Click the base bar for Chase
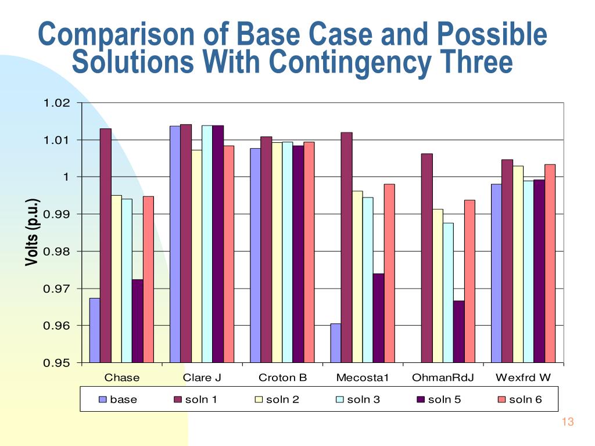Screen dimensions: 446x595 [95, 330]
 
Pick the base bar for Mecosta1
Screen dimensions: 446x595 [335, 343]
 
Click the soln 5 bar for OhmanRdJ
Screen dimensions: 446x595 [458, 332]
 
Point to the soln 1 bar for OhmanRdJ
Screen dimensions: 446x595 [426, 258]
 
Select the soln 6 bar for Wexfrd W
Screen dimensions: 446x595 [550, 264]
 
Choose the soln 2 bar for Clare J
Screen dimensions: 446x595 [196, 256]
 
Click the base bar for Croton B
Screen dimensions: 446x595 [255, 256]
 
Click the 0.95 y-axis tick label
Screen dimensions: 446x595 [57, 364]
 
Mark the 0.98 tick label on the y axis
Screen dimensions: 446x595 [57, 252]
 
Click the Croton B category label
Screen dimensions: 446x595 [282, 378]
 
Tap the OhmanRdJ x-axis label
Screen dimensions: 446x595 [443, 378]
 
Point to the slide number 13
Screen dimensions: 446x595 [568, 422]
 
